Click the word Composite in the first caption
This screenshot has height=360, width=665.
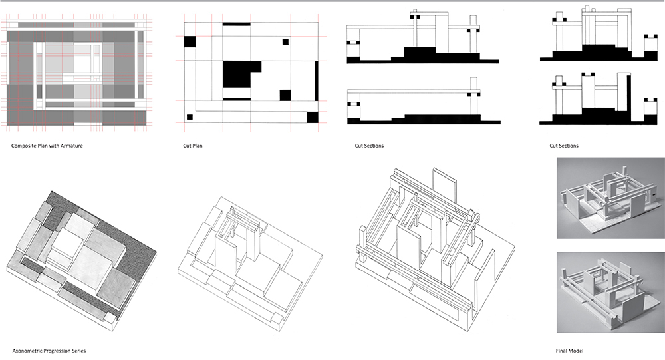(x=23, y=145)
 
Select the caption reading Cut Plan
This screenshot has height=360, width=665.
(x=193, y=145)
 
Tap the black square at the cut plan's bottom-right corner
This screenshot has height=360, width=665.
(x=312, y=118)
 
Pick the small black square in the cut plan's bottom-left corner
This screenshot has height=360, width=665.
(x=190, y=117)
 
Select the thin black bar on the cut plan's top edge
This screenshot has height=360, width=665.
(x=236, y=24)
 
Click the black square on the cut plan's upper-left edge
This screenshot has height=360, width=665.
(x=190, y=41)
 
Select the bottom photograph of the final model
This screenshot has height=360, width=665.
(x=606, y=290)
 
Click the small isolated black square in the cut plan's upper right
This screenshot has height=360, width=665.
(x=285, y=41)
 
